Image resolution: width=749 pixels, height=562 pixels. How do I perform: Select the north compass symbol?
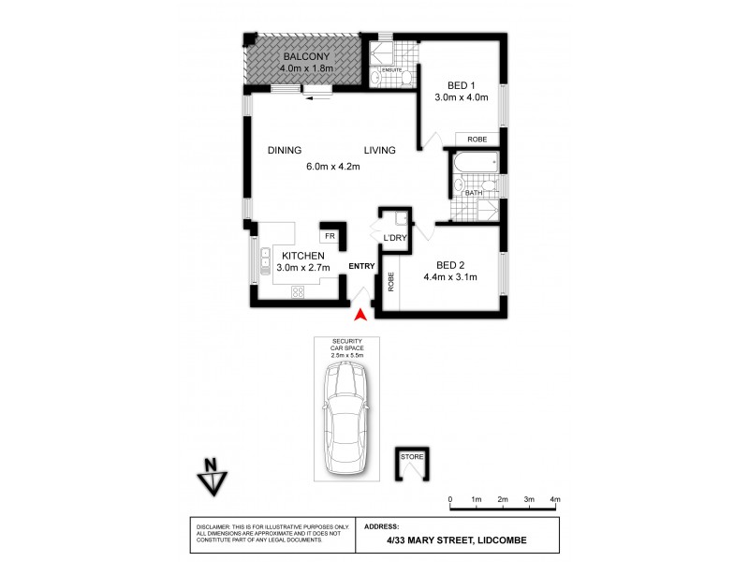click(213, 480)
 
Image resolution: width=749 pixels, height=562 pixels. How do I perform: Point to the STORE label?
click(412, 456)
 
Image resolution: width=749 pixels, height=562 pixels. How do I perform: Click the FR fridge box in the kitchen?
click(330, 237)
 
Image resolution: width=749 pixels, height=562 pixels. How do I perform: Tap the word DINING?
click(284, 150)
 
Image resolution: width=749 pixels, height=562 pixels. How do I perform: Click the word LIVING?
click(380, 150)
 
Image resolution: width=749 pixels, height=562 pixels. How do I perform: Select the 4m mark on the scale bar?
click(555, 498)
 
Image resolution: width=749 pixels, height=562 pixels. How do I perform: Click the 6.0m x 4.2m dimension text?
click(332, 167)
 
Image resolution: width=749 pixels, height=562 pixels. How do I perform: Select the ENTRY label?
click(361, 266)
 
